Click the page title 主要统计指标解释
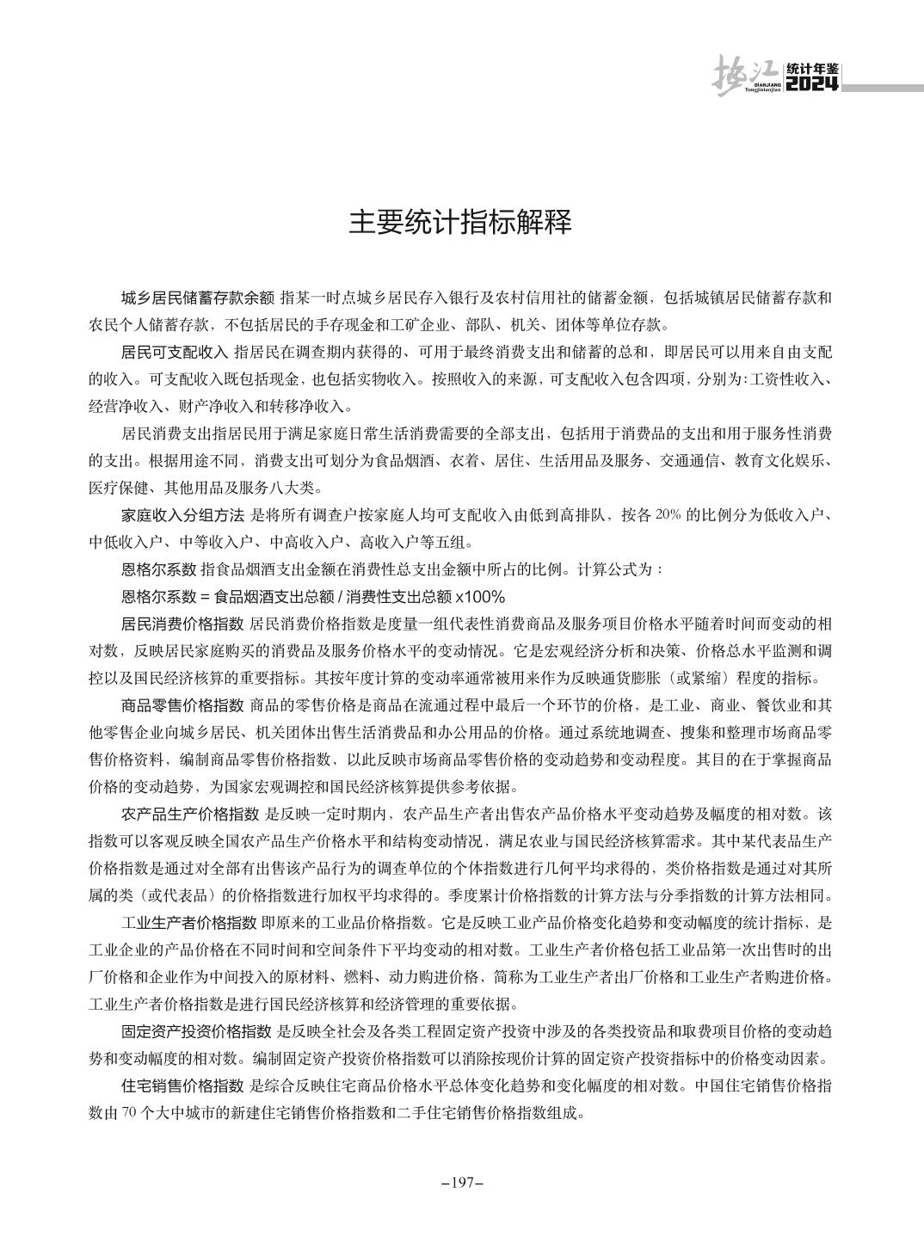[x=460, y=223]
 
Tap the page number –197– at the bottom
[x=462, y=1183]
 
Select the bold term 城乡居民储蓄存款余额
[x=198, y=298]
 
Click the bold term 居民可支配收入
[x=175, y=353]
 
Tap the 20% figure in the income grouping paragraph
[x=668, y=515]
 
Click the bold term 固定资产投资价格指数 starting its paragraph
[x=198, y=1030]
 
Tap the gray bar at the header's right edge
[x=882, y=87]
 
